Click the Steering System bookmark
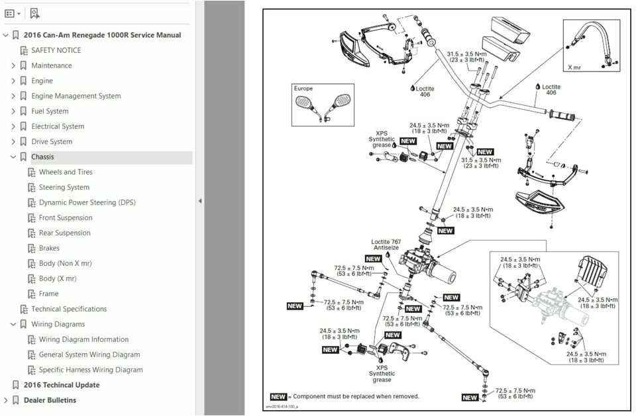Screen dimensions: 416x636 [x=64, y=187]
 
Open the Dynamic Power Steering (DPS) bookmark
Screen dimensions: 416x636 [x=87, y=202]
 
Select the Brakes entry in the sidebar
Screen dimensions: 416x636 [x=49, y=248]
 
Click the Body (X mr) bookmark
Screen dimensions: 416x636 [x=57, y=278]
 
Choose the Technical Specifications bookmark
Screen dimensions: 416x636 [x=69, y=309]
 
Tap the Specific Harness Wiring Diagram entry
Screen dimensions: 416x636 [x=90, y=370]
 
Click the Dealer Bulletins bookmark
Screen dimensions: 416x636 [x=50, y=400]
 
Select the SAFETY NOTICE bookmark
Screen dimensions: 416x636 [x=56, y=50]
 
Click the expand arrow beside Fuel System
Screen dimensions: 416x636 [x=13, y=111]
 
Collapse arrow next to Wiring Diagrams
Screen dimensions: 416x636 [x=13, y=324]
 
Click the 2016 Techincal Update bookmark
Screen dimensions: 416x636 [x=62, y=385]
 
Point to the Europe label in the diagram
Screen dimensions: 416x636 [x=304, y=88]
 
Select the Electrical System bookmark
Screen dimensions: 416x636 [x=58, y=126]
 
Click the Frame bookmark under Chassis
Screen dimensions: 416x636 [x=48, y=294]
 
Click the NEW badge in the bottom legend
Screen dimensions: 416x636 [x=278, y=397]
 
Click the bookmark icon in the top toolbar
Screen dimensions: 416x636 [x=34, y=13]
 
